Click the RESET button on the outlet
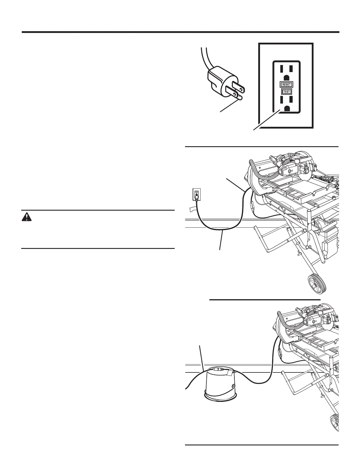286,84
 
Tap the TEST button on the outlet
286,91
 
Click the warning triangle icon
27,217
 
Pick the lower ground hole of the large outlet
286,109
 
